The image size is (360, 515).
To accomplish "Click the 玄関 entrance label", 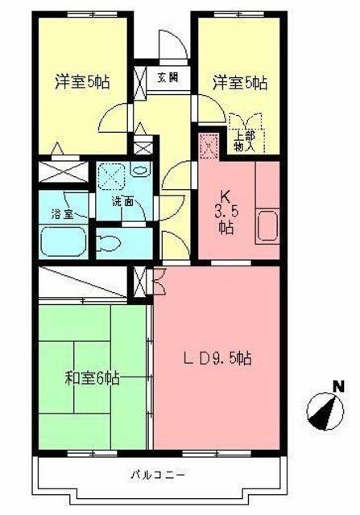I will [x=168, y=78].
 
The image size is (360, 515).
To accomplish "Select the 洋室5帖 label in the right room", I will [x=239, y=81].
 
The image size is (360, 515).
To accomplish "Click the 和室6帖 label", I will [x=93, y=377].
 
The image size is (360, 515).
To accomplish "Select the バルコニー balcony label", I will [x=157, y=473].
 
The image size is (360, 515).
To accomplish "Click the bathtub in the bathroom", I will [x=64, y=240].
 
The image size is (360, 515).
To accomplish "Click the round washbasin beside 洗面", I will [x=139, y=172].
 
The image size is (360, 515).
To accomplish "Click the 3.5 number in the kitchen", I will [x=225, y=211].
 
